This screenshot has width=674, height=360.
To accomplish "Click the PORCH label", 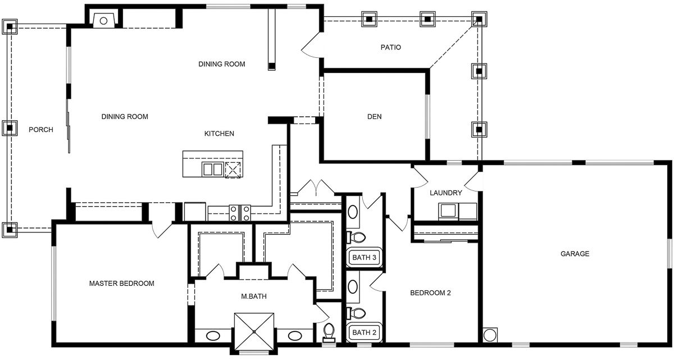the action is pyautogui.click(x=41, y=130).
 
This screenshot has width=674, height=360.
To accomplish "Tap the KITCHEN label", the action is pyautogui.click(x=219, y=134).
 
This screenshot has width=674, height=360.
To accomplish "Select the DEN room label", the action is pyautogui.click(x=374, y=116).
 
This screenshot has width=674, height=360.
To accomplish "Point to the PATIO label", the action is pyautogui.click(x=390, y=47).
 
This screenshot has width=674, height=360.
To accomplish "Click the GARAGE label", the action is pyautogui.click(x=575, y=254).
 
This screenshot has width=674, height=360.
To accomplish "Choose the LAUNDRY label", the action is pyautogui.click(x=445, y=193).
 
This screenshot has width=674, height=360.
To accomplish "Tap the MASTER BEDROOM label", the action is pyautogui.click(x=121, y=283).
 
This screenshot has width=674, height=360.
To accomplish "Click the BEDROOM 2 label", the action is pyautogui.click(x=430, y=293).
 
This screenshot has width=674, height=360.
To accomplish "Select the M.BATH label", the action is pyautogui.click(x=254, y=296).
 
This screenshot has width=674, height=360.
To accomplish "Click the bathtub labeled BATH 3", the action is pyautogui.click(x=364, y=257).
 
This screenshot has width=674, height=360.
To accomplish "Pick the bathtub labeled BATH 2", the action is pyautogui.click(x=364, y=332).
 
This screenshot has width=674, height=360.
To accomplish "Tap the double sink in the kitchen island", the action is pyautogui.click(x=213, y=169).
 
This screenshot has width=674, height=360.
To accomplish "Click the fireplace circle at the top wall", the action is pyautogui.click(x=103, y=21).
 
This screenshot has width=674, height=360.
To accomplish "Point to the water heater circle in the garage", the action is pyautogui.click(x=490, y=335).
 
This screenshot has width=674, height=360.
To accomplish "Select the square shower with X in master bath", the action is pyautogui.click(x=254, y=332).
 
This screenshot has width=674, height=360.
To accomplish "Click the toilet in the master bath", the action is pyautogui.click(x=329, y=332).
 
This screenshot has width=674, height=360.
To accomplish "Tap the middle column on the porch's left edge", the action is pyautogui.click(x=10, y=128).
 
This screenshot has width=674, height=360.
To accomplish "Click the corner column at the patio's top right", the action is pyautogui.click(x=479, y=19).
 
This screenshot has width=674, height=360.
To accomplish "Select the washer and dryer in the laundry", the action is pyautogui.click(x=457, y=211).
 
